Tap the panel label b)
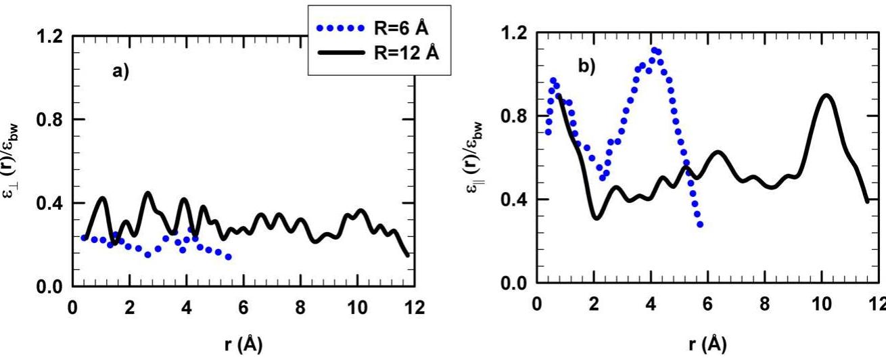(x=586, y=66)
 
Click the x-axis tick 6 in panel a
(x=243, y=308)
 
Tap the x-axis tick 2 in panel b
(x=594, y=305)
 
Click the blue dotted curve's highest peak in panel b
(x=654, y=51)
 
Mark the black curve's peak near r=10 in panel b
(x=826, y=95)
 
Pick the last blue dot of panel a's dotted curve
(x=229, y=257)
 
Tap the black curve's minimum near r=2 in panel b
(x=596, y=218)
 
